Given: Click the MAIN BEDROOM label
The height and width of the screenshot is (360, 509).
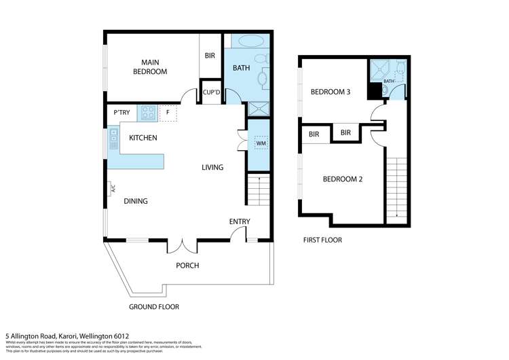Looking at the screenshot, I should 149,66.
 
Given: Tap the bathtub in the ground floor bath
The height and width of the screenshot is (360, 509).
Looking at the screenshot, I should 247,41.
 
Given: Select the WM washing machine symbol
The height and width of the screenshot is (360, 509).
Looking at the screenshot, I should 261,143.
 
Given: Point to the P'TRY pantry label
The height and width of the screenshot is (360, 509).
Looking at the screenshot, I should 121,112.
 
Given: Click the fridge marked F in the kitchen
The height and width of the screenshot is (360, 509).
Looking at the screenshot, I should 168,113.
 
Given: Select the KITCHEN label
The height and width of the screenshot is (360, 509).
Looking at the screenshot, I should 143,138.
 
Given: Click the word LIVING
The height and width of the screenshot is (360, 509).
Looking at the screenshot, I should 212,167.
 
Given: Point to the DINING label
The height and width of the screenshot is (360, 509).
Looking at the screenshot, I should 136,201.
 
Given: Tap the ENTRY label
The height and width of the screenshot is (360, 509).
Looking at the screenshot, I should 240,221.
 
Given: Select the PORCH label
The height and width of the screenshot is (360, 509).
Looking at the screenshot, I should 187,265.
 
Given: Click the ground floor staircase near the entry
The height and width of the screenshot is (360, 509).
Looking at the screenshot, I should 259,192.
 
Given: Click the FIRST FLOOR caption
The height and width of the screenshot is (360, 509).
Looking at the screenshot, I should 322,240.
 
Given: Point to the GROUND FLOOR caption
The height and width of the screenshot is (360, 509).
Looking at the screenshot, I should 154,307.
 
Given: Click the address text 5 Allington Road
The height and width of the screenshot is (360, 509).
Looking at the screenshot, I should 64,335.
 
